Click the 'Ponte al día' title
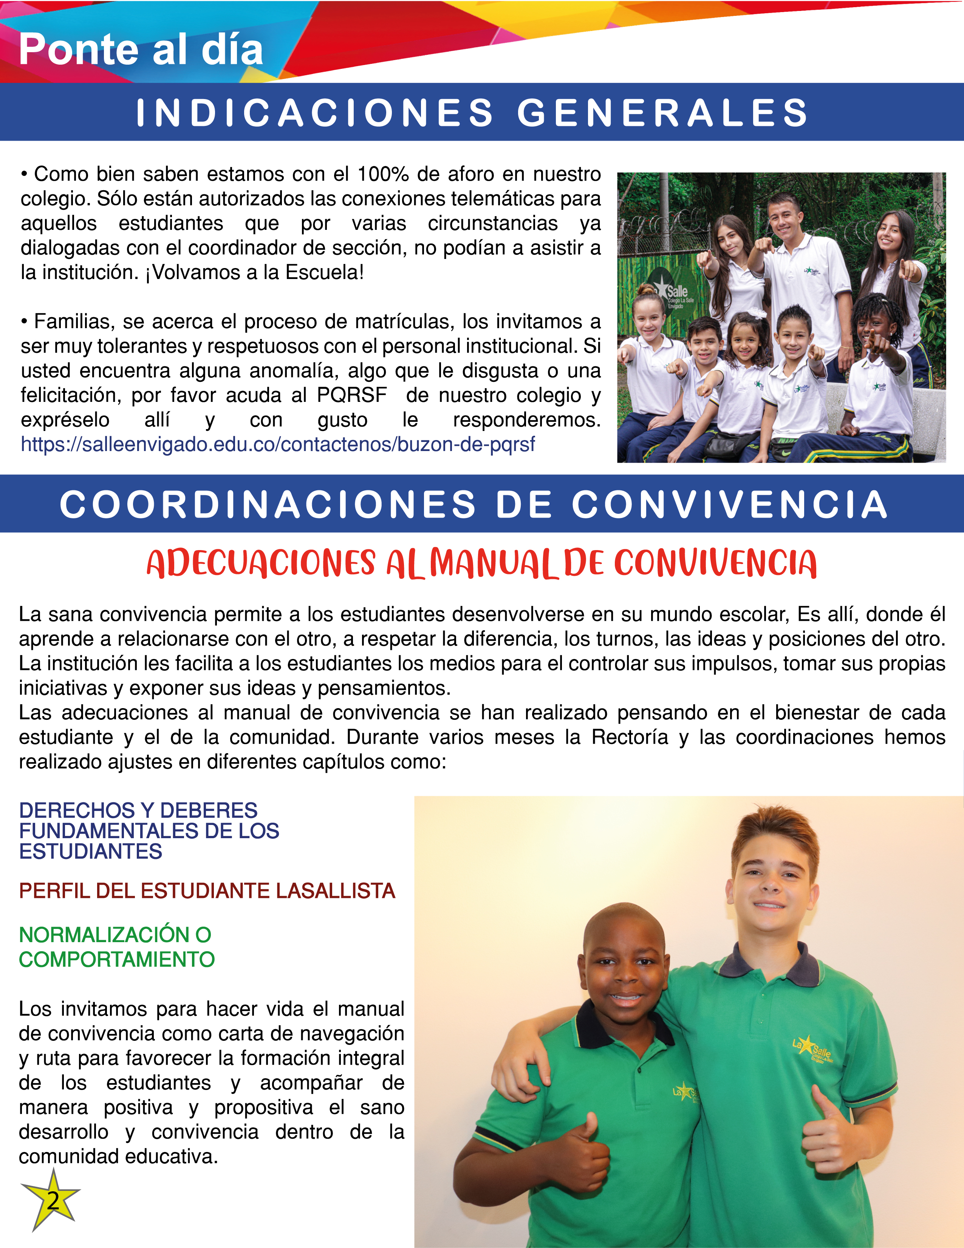(x=141, y=50)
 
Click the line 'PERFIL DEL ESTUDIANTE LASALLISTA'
(x=207, y=891)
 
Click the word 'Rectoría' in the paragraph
(x=629, y=737)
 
